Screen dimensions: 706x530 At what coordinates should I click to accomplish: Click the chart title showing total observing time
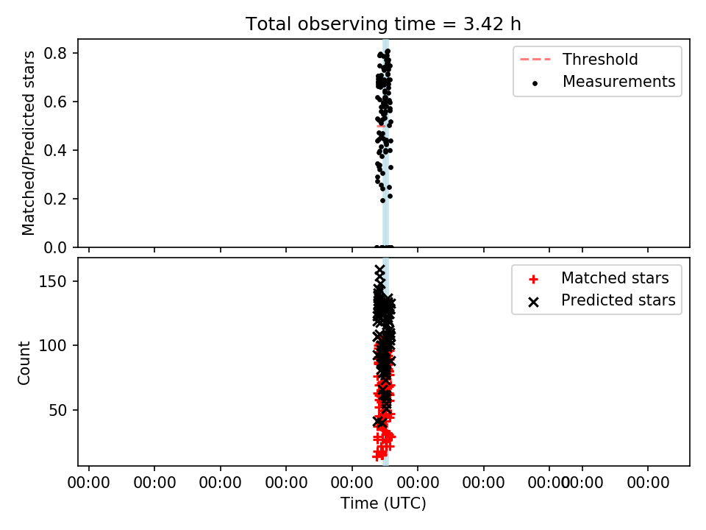(383, 24)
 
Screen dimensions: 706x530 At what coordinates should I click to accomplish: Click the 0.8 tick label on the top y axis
(55, 53)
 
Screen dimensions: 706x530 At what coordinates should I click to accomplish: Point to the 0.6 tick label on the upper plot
(55, 102)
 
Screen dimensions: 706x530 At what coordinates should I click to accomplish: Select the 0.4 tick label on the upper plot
(55, 150)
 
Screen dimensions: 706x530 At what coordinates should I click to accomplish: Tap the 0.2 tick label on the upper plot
(55, 199)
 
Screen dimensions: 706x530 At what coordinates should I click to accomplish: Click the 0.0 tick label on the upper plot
(55, 247)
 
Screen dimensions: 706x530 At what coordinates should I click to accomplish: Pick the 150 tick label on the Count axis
(53, 281)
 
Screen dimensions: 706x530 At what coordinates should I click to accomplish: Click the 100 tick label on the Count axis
(53, 346)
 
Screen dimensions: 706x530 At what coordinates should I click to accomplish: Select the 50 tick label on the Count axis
(57, 410)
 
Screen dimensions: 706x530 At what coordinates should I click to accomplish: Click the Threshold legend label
(600, 59)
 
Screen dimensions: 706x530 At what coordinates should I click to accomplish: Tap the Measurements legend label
(619, 81)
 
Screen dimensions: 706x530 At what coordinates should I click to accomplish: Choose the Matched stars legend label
(615, 278)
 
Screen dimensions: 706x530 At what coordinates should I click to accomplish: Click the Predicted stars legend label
(618, 300)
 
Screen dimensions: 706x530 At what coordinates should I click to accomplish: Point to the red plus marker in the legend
(534, 280)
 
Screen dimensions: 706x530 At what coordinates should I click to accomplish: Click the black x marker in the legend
(534, 302)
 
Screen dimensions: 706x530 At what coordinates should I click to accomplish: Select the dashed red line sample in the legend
(535, 60)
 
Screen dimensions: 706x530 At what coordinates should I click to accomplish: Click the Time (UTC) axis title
(383, 504)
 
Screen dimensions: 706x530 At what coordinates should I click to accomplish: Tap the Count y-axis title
(24, 363)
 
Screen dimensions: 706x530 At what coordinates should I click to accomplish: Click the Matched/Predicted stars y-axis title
(28, 144)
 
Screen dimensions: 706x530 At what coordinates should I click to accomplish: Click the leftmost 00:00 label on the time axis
(89, 483)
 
